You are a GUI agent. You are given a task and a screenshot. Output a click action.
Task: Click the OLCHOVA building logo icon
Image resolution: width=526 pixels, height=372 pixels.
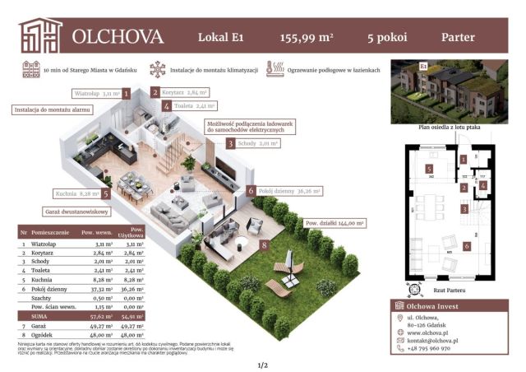[41, 35]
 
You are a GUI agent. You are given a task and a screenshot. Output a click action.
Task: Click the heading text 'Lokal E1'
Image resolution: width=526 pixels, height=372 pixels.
[220, 37]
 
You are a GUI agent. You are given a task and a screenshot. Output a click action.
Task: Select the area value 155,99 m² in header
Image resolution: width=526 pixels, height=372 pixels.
[307, 37]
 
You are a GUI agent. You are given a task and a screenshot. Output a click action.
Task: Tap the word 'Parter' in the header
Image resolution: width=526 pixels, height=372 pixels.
[459, 37]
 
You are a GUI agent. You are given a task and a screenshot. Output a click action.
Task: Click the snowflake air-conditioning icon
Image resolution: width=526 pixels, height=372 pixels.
[156, 70]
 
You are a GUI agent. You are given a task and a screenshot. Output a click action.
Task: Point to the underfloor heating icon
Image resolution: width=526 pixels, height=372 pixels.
[275, 70]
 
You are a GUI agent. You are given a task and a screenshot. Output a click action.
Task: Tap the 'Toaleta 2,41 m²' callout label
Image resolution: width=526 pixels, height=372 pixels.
[194, 106]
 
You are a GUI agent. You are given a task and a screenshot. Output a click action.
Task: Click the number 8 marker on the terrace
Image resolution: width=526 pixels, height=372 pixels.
[263, 244]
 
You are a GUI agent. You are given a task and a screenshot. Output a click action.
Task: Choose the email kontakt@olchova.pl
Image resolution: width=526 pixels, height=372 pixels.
[439, 338]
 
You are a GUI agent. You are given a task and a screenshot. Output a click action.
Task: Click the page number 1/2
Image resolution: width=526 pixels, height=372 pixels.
[263, 364]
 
